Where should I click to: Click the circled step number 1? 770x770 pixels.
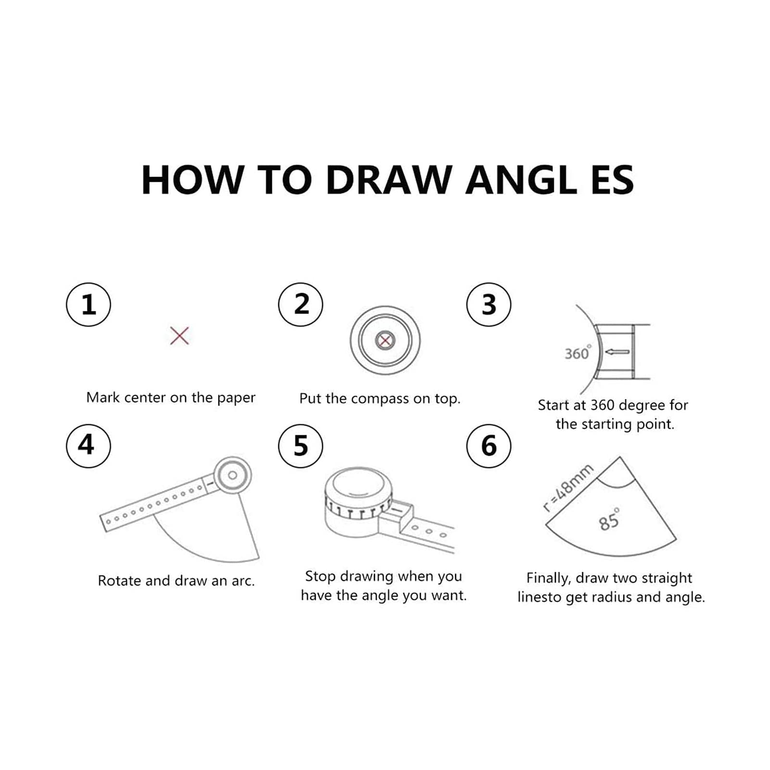(x=89, y=305)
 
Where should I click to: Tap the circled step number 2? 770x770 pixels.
(x=301, y=305)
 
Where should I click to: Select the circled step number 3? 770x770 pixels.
(x=488, y=305)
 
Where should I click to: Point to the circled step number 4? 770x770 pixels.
(x=89, y=446)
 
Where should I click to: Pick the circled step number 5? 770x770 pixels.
(x=301, y=446)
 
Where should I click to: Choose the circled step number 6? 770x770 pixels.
(x=488, y=446)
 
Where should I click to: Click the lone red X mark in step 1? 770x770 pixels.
(x=180, y=335)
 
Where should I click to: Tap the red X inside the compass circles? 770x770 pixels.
(x=385, y=341)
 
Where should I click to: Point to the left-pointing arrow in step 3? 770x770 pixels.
(x=617, y=352)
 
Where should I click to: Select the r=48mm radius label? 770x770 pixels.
(x=568, y=488)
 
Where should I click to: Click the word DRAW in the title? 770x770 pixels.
(x=388, y=180)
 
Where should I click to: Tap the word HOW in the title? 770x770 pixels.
(x=192, y=180)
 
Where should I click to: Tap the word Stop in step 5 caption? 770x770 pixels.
(x=321, y=576)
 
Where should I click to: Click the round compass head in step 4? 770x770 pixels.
(x=232, y=475)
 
